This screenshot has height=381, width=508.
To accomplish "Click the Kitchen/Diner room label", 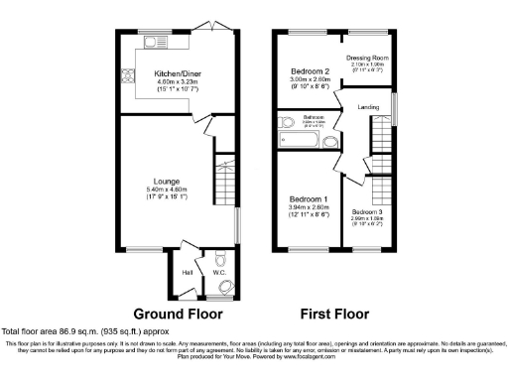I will coord(171,72).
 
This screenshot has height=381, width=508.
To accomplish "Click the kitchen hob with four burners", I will coord(127,74).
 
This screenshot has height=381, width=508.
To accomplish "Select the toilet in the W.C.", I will coord(223,287).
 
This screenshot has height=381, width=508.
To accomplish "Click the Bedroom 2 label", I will coord(310,72).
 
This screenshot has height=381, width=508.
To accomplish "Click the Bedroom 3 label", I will coord(368,211).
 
